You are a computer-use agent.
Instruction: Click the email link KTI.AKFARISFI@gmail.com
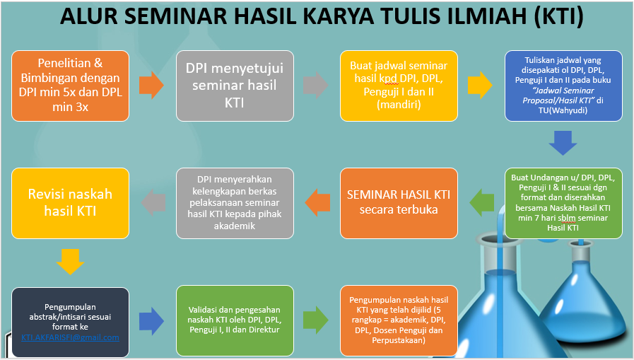[x=71, y=337]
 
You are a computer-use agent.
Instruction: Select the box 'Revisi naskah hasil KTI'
[x=71, y=203]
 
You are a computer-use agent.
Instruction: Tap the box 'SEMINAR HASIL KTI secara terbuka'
[x=399, y=203]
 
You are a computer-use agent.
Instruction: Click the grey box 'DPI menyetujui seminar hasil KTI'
[x=235, y=86]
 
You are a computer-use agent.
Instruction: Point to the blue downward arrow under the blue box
[x=563, y=143]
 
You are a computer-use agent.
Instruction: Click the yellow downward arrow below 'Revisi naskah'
[x=71, y=262]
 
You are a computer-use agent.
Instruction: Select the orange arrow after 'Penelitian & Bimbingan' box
[x=152, y=86]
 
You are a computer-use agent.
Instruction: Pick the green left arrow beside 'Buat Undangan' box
[x=481, y=202]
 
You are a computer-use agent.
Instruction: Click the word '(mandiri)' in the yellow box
[x=399, y=105]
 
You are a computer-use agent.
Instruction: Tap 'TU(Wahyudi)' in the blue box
[x=563, y=110]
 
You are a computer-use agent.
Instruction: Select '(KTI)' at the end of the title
[x=559, y=16]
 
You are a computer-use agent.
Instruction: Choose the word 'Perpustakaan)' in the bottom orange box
[x=399, y=340]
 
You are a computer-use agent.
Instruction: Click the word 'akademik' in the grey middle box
[x=235, y=226]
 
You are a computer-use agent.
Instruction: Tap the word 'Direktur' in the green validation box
[x=264, y=330]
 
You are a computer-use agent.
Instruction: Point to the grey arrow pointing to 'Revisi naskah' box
[x=153, y=202]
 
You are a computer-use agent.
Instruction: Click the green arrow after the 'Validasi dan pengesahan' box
[x=316, y=320]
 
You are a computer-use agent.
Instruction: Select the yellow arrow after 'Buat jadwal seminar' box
[x=480, y=86]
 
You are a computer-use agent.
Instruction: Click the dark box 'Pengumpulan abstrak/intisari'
[x=71, y=322]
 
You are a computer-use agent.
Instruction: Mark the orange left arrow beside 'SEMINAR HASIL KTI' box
[x=317, y=202]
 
